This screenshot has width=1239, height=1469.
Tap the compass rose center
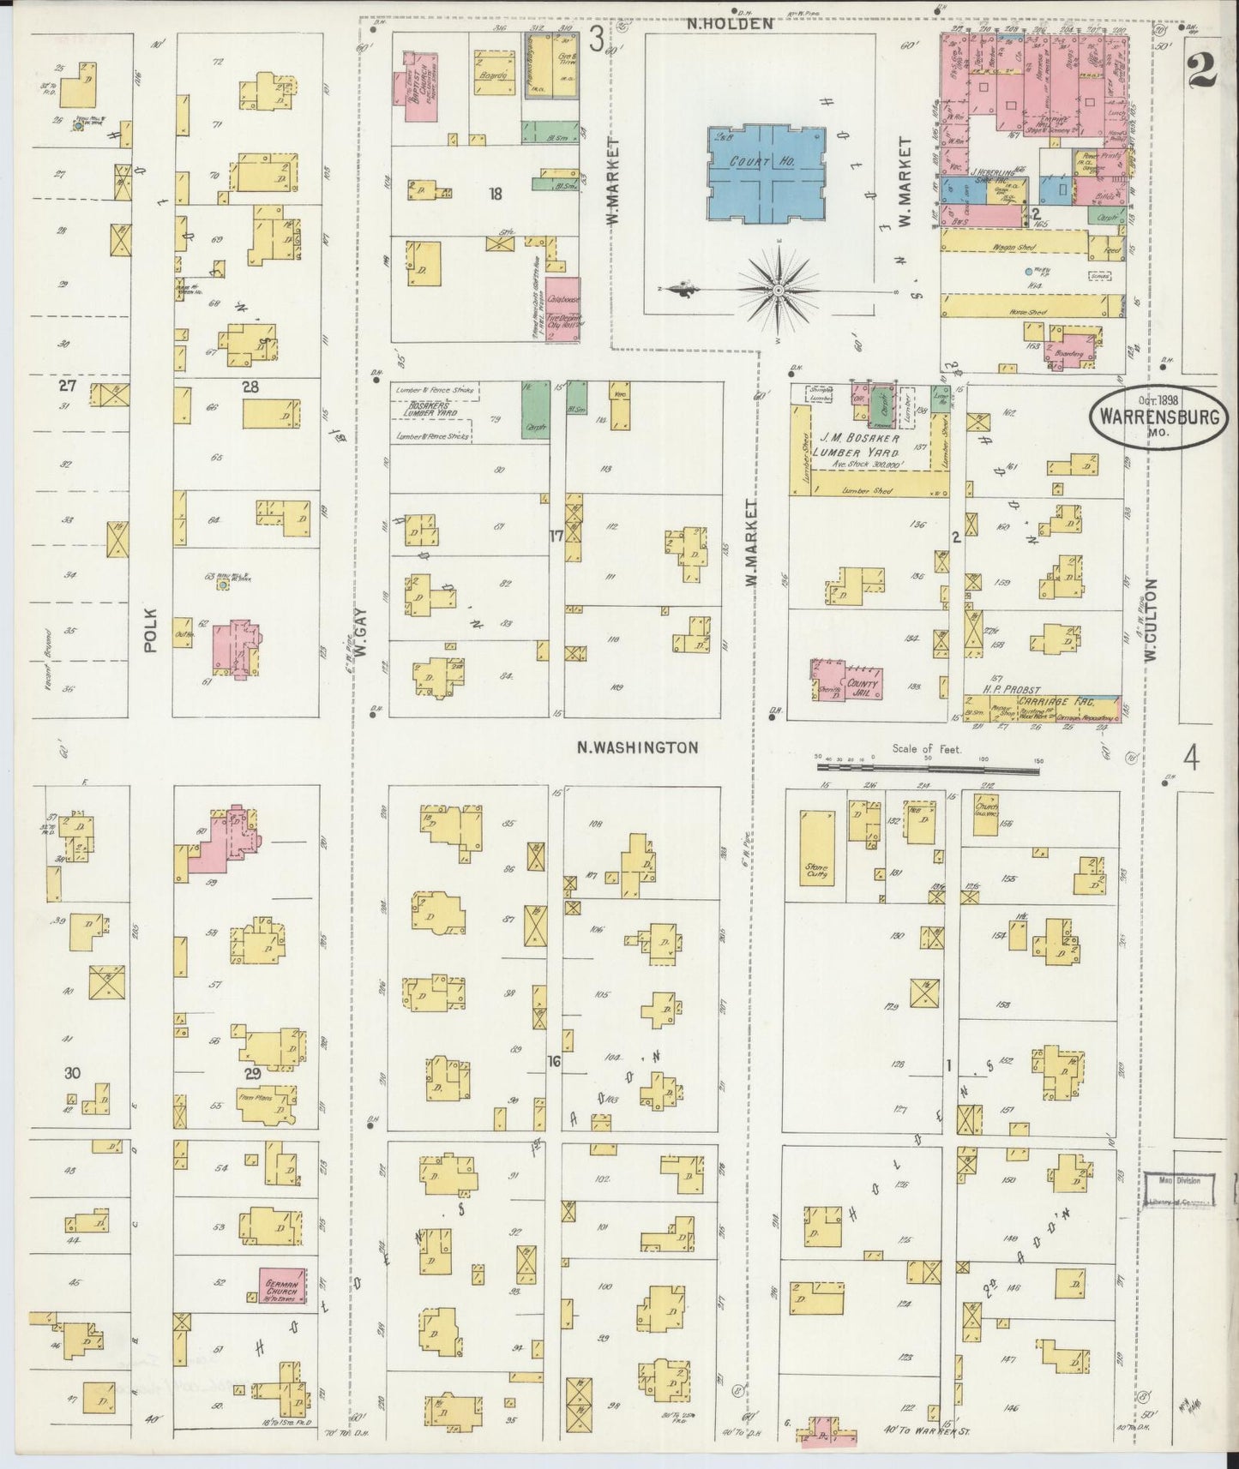point(778,292)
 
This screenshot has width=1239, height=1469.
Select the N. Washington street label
point(636,747)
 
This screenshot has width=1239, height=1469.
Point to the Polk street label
point(152,631)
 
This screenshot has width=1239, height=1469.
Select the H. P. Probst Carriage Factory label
point(1039,693)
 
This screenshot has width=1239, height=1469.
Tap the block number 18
point(495,195)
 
